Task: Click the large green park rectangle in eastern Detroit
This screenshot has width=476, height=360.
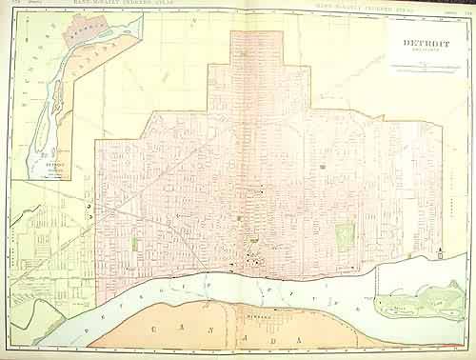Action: point(344,232)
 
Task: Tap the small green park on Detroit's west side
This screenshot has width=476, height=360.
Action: point(135,242)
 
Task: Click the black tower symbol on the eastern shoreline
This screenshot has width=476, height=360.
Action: point(443,250)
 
